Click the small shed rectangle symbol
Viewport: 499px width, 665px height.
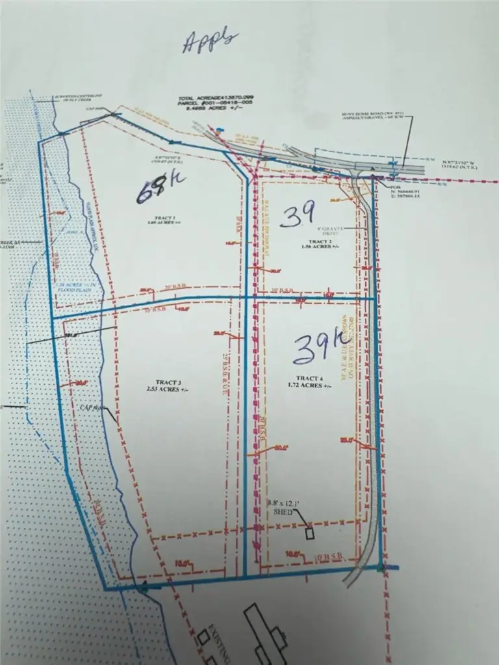point(311,533)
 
